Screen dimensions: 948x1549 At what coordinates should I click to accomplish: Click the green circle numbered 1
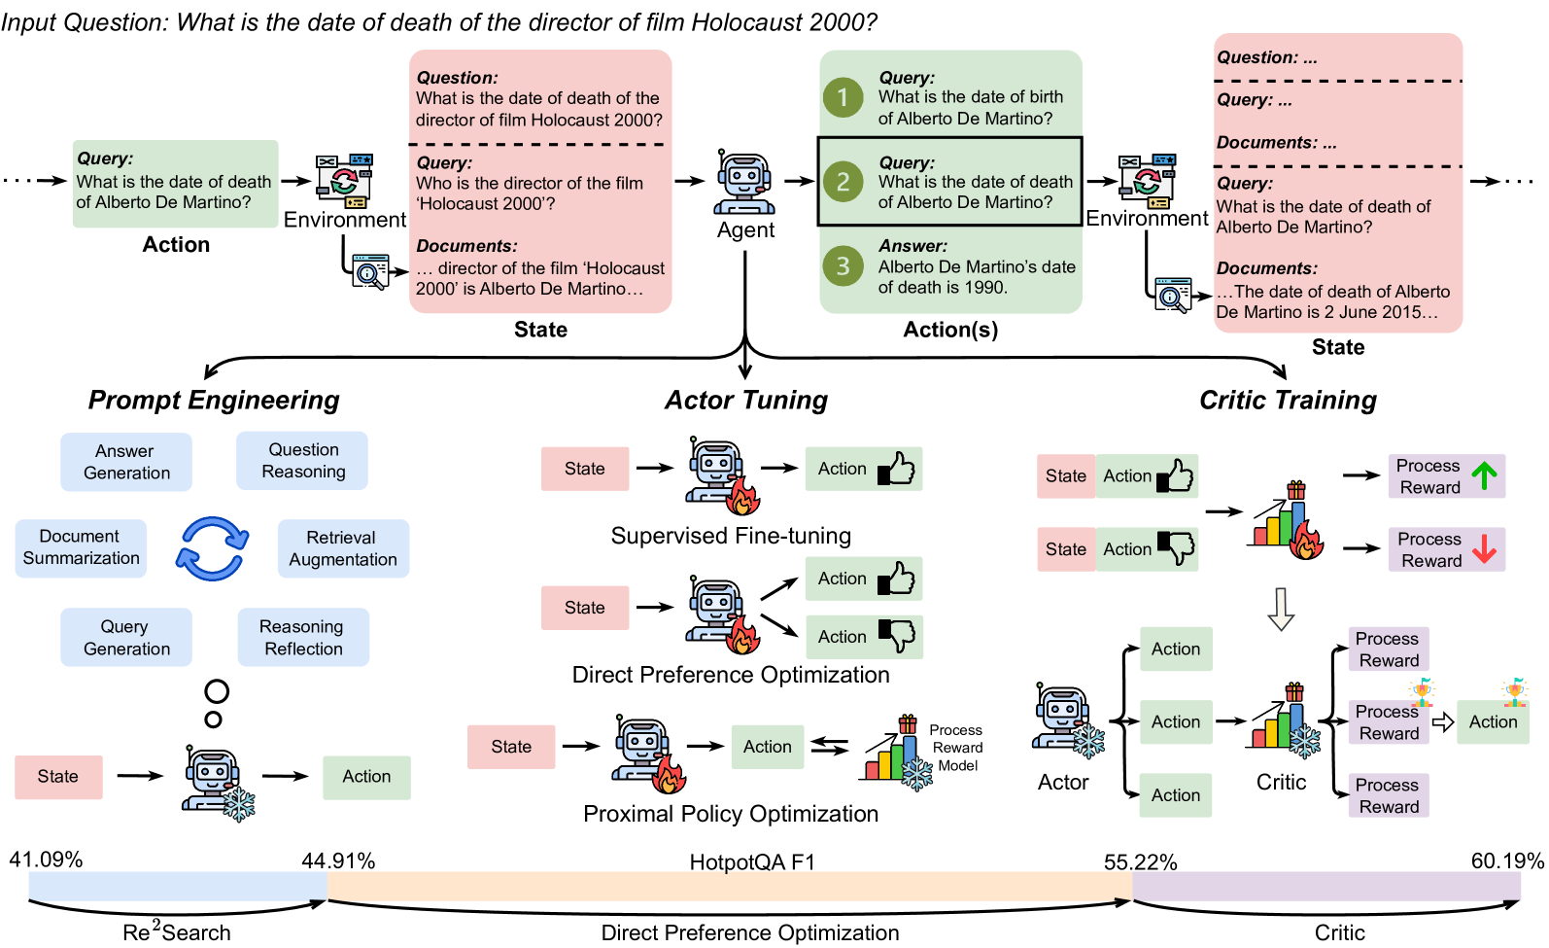point(843,97)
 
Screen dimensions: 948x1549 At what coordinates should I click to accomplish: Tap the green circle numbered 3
point(843,265)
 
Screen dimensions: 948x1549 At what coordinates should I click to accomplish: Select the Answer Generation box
point(126,462)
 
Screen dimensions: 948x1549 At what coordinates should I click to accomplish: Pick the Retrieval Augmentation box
point(343,548)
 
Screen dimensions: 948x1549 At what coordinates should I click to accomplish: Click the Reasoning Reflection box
point(302,638)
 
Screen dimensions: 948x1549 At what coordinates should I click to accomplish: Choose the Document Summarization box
point(81,547)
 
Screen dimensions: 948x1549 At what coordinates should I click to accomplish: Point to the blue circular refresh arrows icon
point(213,548)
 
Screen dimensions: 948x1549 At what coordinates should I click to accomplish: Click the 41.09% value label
point(46,860)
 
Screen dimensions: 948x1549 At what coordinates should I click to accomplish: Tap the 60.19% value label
point(1506,861)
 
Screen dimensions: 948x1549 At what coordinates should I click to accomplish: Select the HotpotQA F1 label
point(751,862)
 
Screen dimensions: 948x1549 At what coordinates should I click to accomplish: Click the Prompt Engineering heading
point(214,401)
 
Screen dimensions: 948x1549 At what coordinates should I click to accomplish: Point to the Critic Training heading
point(1288,401)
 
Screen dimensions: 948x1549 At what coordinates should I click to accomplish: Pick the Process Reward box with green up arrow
point(1446,476)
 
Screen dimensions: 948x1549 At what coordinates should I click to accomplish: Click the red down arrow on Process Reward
point(1484,549)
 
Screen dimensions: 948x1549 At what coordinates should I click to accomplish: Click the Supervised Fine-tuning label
point(731,536)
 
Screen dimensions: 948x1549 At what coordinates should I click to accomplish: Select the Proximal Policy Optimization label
point(731,814)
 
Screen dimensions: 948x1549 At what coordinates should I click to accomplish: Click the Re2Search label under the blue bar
point(177,932)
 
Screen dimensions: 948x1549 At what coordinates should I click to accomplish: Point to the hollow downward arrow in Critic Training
point(1282,609)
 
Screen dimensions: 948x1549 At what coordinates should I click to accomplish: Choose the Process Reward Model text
point(955,748)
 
